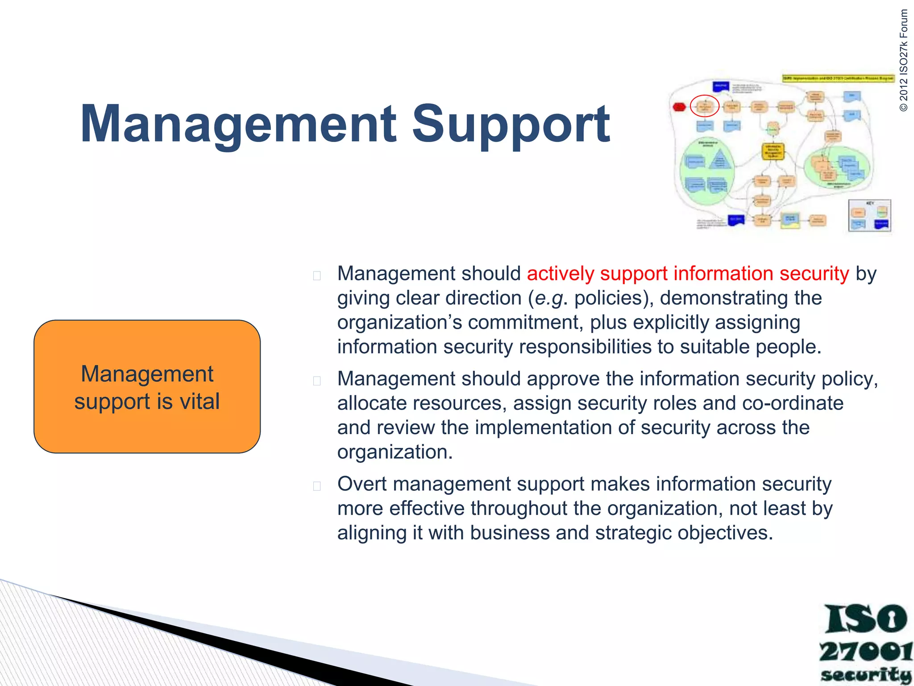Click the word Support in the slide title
click(x=510, y=124)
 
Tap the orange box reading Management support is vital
click(x=147, y=387)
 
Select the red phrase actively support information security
click(x=687, y=273)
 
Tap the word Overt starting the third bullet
click(x=362, y=484)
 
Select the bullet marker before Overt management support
click(x=317, y=486)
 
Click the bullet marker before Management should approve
click(x=317, y=381)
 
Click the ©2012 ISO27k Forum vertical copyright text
click(x=903, y=60)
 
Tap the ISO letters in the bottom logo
click(x=865, y=619)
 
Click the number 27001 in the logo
click(x=865, y=652)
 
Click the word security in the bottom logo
click(x=865, y=675)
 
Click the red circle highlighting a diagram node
click(x=704, y=106)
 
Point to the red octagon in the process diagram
click(x=679, y=107)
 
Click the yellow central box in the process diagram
click(x=773, y=151)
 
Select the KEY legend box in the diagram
click(x=869, y=216)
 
